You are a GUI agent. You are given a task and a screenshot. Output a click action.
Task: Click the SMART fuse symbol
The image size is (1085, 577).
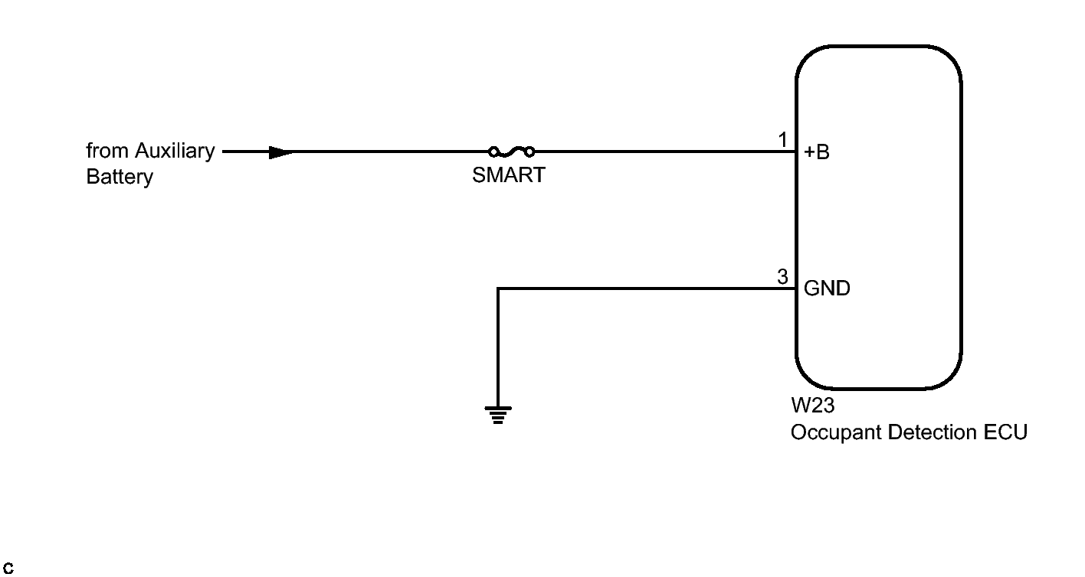(x=511, y=151)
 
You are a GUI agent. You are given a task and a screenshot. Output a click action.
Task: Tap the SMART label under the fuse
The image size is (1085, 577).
(x=509, y=175)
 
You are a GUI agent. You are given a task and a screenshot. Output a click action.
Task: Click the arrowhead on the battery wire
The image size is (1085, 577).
(x=281, y=152)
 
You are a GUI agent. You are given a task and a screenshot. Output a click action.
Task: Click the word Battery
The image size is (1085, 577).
(x=120, y=177)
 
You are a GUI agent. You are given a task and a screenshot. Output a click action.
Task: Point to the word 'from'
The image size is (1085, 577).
(x=107, y=151)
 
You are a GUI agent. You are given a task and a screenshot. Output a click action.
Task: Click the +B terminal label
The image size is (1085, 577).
(x=817, y=152)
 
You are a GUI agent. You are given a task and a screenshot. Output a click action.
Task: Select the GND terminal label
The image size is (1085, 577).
(x=827, y=289)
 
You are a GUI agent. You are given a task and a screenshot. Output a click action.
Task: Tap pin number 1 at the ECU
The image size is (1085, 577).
(x=782, y=140)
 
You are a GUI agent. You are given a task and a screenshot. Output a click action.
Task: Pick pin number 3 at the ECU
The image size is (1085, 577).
(x=782, y=277)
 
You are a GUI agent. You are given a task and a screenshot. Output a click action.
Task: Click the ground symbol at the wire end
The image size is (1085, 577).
(x=498, y=415)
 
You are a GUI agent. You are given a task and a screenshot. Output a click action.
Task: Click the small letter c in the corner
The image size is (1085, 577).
(x=8, y=569)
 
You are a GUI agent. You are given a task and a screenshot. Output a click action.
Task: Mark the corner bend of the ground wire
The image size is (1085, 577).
(x=498, y=288)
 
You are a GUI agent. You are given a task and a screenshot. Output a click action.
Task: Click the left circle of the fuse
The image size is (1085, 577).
(x=494, y=152)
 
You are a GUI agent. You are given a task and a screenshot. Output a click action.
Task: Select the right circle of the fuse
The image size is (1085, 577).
(x=529, y=152)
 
